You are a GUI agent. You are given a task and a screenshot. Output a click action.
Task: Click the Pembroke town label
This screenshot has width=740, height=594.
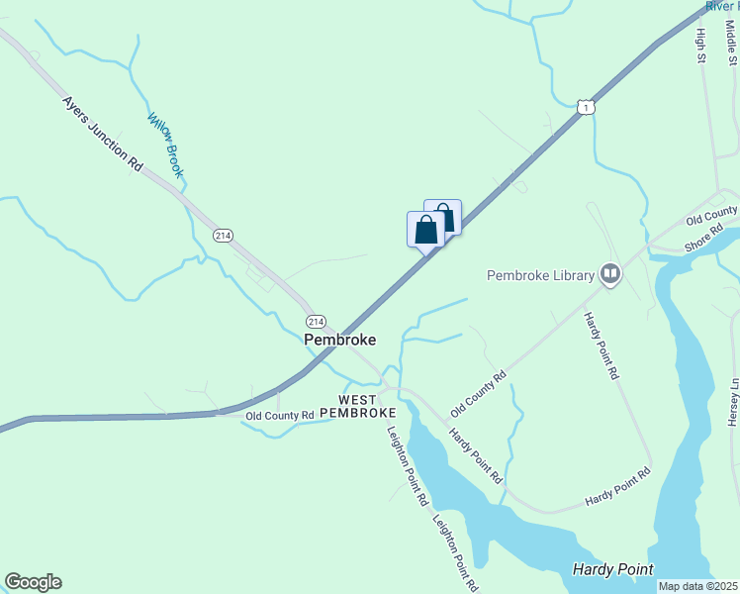(x=339, y=339)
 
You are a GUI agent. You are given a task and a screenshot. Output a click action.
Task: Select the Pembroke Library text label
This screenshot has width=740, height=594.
(x=540, y=275)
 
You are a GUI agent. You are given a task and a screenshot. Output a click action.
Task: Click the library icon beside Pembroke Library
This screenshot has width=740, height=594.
(x=609, y=275)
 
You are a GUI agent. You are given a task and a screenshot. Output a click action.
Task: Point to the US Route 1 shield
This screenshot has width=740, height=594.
(x=587, y=106)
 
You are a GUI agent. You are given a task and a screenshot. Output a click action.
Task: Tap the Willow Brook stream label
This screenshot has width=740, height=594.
(x=166, y=146)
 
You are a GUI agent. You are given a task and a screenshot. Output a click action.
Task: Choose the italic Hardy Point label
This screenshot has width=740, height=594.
(x=612, y=569)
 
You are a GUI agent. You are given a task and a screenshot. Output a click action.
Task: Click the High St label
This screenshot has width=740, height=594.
(x=700, y=46)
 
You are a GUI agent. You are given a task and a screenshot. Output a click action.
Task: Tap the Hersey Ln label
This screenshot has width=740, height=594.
(x=733, y=402)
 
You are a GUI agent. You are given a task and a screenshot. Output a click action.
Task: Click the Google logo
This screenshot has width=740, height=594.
(x=33, y=582)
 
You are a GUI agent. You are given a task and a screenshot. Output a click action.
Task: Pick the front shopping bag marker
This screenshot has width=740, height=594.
(x=425, y=230)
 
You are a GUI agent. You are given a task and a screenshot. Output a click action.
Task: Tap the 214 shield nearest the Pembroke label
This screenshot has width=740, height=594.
(x=316, y=322)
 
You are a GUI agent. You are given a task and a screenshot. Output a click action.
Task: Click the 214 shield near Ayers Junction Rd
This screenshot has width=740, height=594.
(x=223, y=235)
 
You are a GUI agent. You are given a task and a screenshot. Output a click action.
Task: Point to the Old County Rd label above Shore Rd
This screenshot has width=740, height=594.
(x=712, y=214)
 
